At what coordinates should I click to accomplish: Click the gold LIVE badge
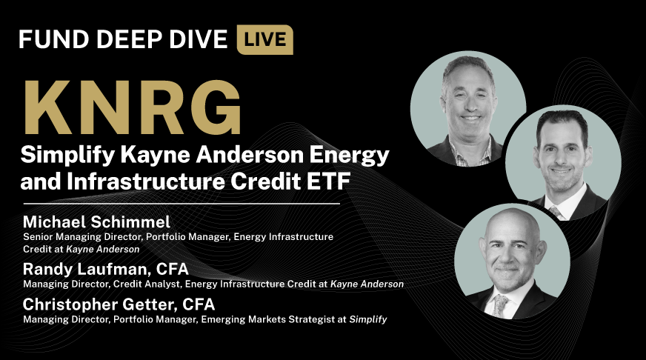(x=264, y=39)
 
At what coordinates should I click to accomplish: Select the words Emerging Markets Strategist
(x=284, y=320)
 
